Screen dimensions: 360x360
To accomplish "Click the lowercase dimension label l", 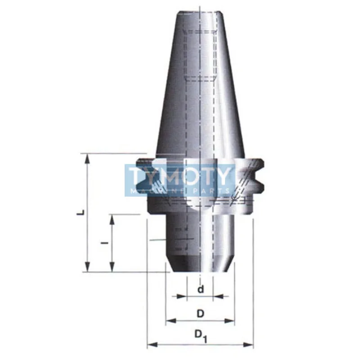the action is [105, 243].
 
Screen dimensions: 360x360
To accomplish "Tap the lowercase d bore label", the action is [201, 289].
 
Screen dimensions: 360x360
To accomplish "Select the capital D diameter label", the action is [200, 314].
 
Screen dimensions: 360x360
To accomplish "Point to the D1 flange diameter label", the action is [201, 336].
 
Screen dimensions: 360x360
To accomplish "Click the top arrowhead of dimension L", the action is [87, 159].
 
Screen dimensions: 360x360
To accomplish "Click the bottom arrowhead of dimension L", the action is [87, 266].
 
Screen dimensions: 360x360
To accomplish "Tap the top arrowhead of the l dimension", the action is [112, 220].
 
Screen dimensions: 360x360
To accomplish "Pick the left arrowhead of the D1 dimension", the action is [152, 345].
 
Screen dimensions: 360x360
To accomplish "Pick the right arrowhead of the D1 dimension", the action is [248, 345].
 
